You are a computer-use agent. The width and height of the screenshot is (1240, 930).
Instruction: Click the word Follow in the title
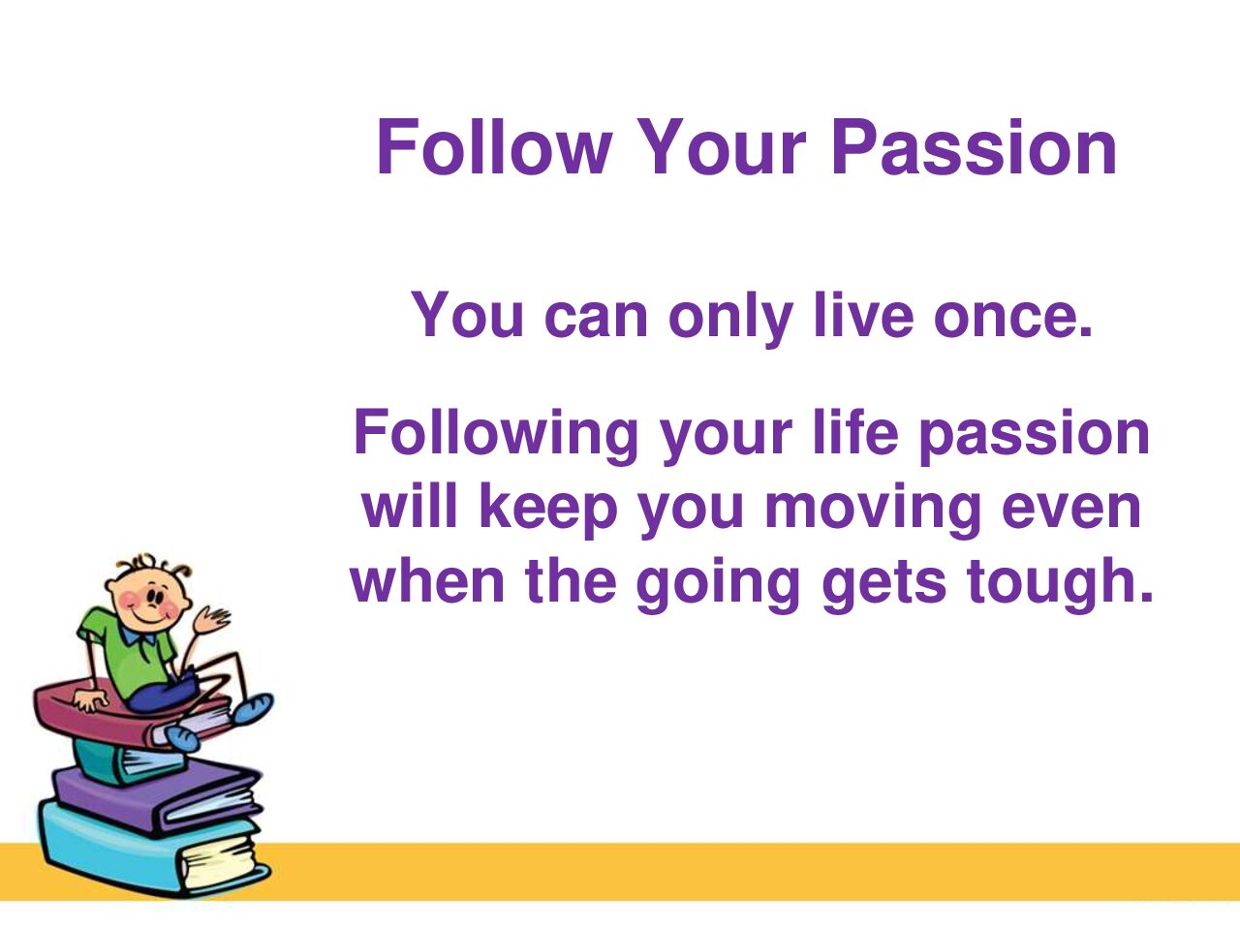495,146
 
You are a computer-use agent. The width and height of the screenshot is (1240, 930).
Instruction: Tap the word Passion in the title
974,147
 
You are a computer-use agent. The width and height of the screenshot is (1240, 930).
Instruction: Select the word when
427,580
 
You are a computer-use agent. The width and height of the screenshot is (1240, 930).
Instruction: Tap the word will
410,506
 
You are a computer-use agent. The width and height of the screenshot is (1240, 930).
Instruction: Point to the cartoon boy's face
148,598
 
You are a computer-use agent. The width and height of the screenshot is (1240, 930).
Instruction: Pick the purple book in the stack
155,795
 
